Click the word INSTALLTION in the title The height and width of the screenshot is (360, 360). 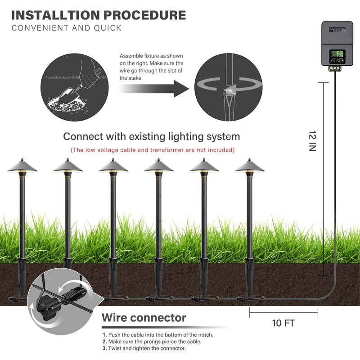(x=55, y=15)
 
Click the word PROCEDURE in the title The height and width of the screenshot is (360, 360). (x=144, y=15)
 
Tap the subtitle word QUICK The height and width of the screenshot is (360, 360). (x=108, y=28)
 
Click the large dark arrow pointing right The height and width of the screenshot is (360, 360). (x=154, y=89)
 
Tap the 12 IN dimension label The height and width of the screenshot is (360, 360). (x=312, y=141)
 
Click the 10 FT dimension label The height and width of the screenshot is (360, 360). (x=283, y=323)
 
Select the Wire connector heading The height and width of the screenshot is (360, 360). (x=144, y=318)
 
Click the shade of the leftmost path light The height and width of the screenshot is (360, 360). (x=22, y=166)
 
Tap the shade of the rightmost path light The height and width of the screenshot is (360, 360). (x=249, y=166)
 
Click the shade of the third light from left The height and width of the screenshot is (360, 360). (x=113, y=166)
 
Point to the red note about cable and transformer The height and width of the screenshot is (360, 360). (x=153, y=150)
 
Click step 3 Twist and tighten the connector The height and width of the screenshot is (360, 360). (x=144, y=348)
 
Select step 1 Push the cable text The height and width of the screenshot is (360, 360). (x=158, y=335)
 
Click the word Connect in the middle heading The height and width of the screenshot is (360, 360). (x=83, y=136)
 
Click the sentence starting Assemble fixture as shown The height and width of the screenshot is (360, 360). (x=151, y=67)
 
